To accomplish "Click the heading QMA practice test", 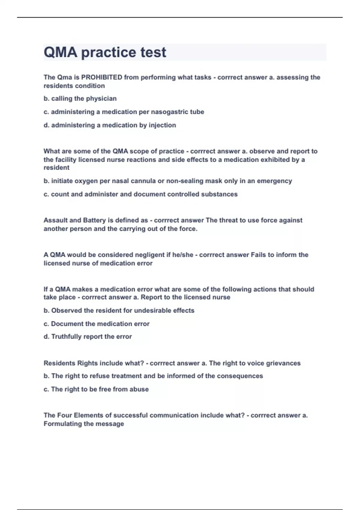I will tap(105, 52).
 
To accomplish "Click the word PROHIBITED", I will tap(102, 77).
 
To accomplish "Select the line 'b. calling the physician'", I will tap(80, 99).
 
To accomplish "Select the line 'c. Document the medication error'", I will tap(96, 324).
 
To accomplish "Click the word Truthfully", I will tap(66, 337).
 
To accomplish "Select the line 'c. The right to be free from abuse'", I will tap(96, 389).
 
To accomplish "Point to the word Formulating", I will tap(63, 424).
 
